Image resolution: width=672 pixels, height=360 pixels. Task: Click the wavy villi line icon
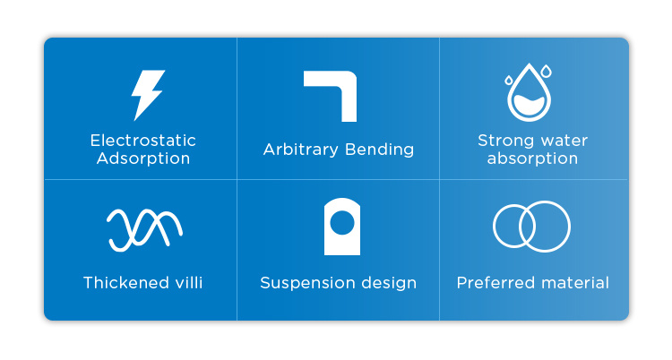coord(144,230)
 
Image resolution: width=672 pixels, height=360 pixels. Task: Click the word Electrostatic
coord(143,141)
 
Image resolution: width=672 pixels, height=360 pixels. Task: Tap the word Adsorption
coord(143,159)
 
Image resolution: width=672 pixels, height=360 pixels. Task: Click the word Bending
coord(379,150)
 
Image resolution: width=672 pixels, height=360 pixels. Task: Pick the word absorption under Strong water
coord(532,159)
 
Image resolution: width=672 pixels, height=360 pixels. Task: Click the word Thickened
coord(123,283)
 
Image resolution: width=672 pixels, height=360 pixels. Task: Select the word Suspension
coord(306,283)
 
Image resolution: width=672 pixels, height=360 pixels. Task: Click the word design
coord(389,283)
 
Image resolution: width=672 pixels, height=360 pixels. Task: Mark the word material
coord(574,283)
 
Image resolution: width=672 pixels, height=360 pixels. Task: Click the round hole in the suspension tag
coord(342,223)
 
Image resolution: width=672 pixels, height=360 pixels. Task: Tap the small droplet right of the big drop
coord(546,71)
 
